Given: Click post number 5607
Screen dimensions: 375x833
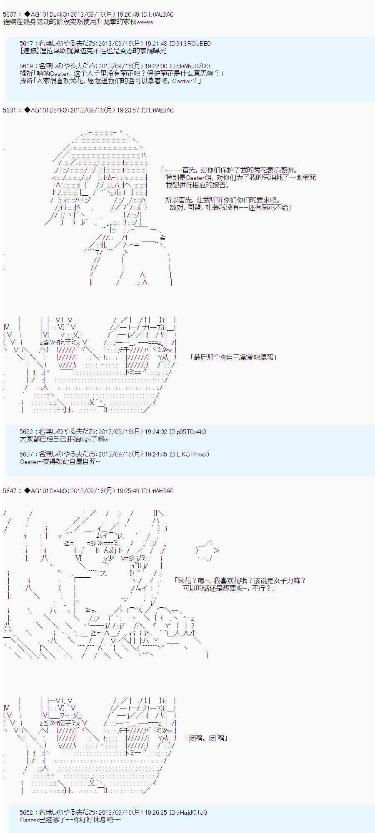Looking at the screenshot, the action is coord(10,15).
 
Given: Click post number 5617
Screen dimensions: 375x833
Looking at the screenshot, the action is coord(27,44).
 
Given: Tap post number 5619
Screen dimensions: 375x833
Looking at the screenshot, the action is coord(27,66).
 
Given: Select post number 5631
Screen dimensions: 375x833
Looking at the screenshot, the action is coord(10,110).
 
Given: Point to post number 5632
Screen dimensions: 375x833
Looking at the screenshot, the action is coord(27,432).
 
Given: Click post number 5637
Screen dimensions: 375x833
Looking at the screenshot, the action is coord(27,454).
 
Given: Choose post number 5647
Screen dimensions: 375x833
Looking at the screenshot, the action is coord(10,491).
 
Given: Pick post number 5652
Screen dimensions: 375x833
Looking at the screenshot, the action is coord(27,813).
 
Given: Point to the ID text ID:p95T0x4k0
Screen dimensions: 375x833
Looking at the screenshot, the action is coord(188,432).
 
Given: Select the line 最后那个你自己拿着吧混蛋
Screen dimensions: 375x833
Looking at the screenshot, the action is coord(233,357).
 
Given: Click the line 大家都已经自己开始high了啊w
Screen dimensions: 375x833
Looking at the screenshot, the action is coord(64,439).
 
